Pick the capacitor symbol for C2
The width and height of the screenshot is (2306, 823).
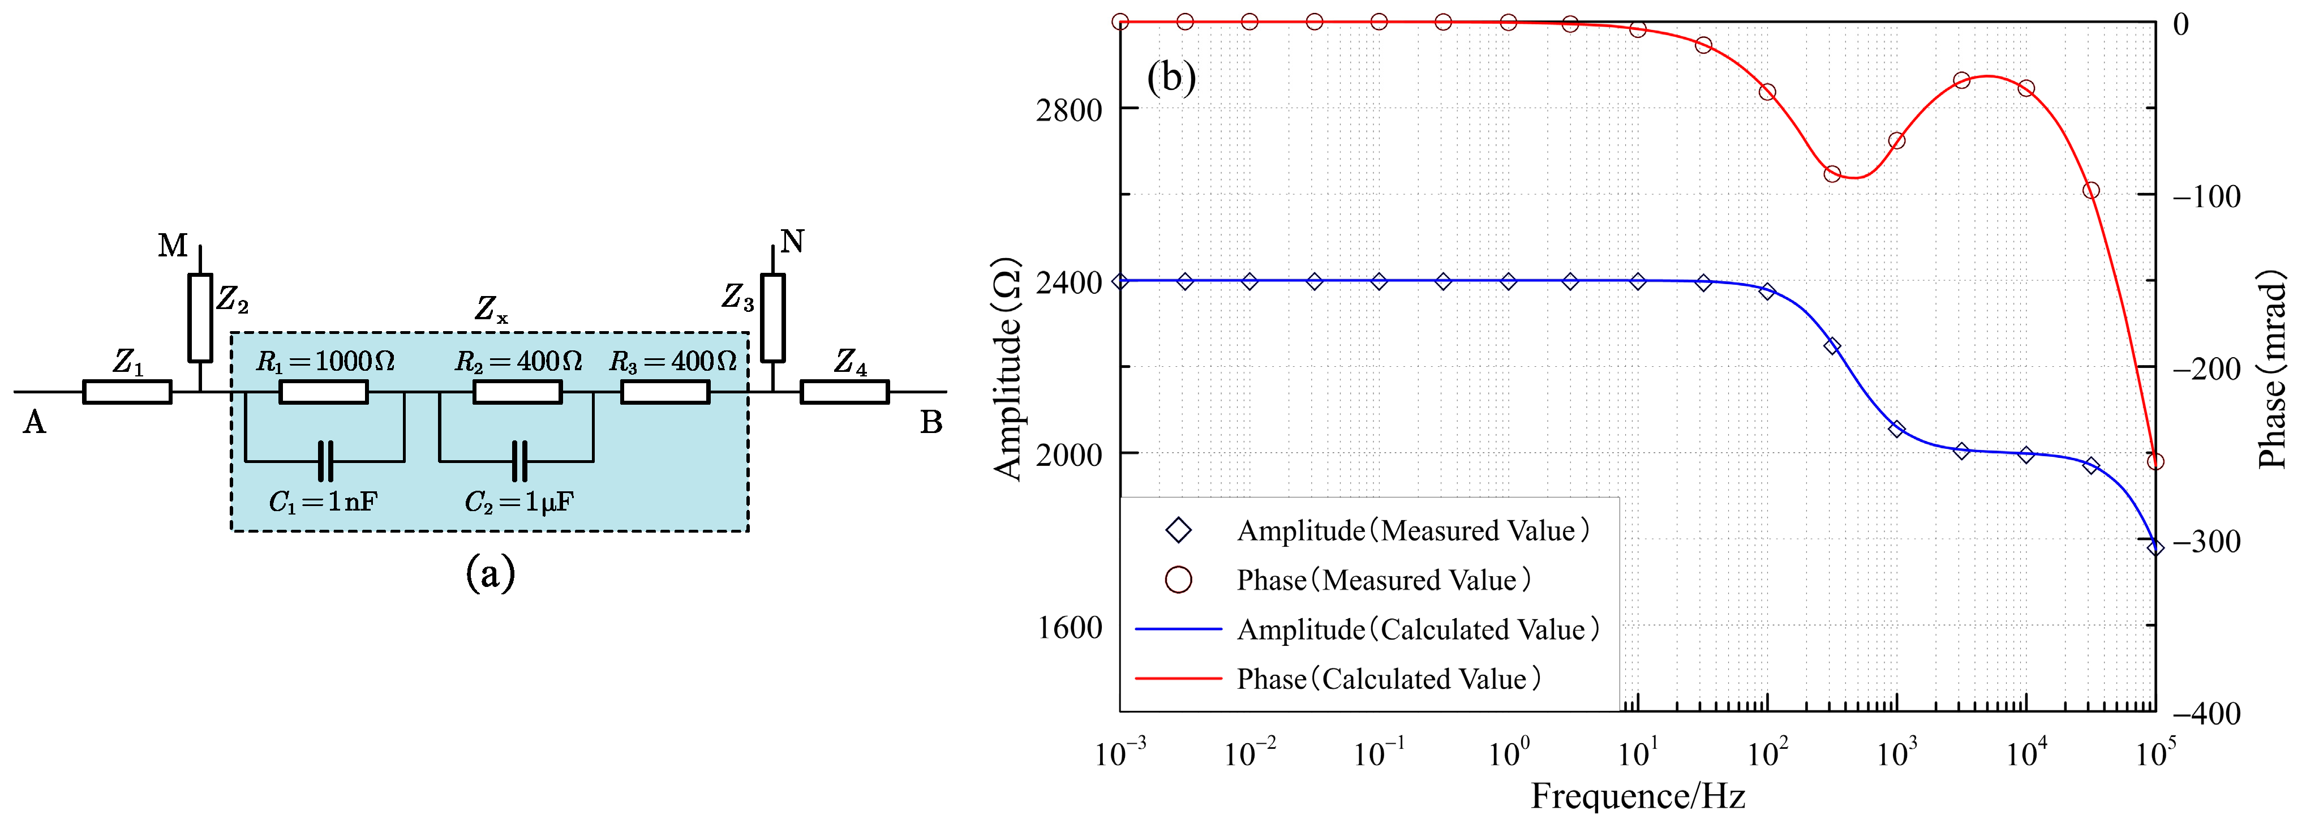pyautogui.click(x=519, y=461)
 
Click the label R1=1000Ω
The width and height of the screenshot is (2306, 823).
pyautogui.click(x=325, y=362)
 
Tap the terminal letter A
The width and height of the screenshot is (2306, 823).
pyautogui.click(x=34, y=422)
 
